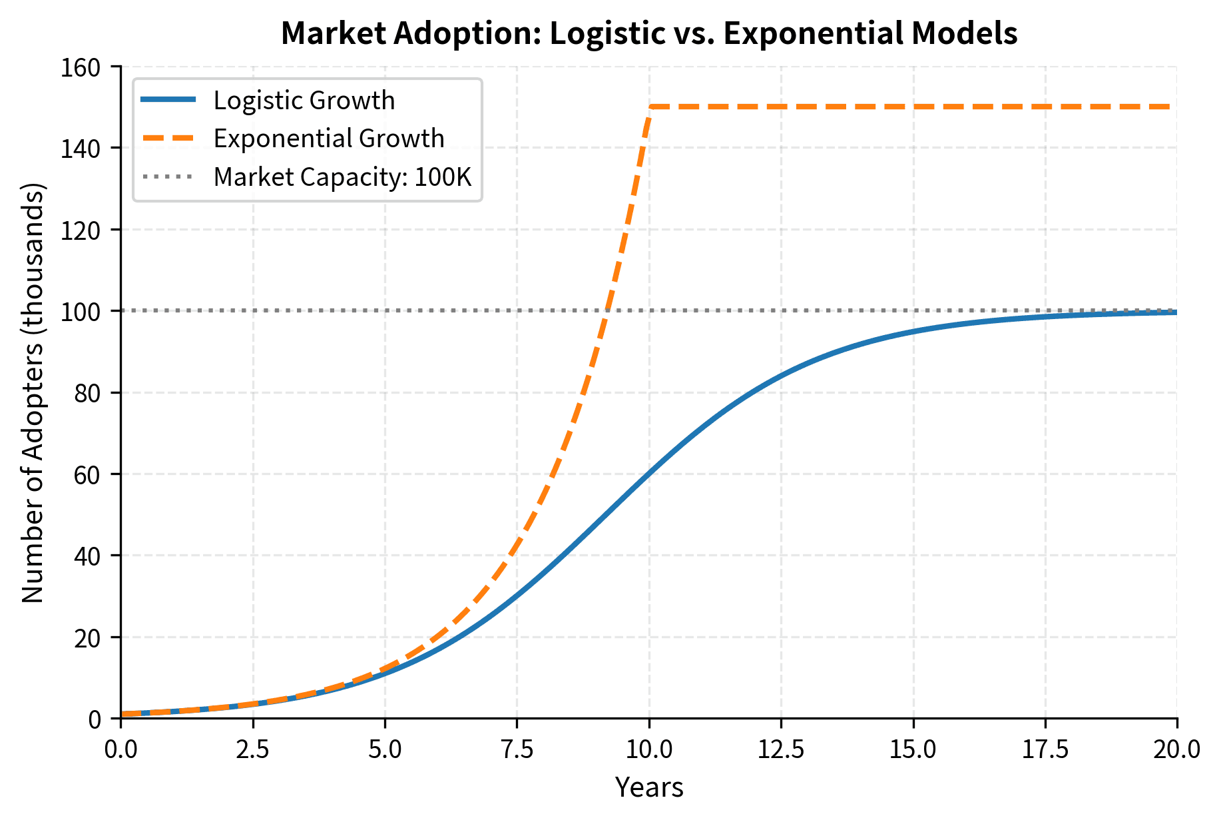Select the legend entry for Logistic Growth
coord(304,101)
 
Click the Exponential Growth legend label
coord(328,139)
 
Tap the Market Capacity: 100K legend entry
coord(342,177)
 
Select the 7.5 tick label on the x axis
coord(517,749)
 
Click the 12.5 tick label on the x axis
coord(780,749)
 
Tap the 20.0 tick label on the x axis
coord(1176,749)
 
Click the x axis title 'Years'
coord(648,787)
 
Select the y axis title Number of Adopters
coord(33,393)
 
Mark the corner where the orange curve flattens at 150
coord(650,107)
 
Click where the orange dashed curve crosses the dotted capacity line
coord(605,311)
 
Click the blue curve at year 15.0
coord(913,331)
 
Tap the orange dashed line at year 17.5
coord(1045,107)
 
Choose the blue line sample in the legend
coord(168,101)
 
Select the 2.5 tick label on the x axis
coord(253,749)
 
